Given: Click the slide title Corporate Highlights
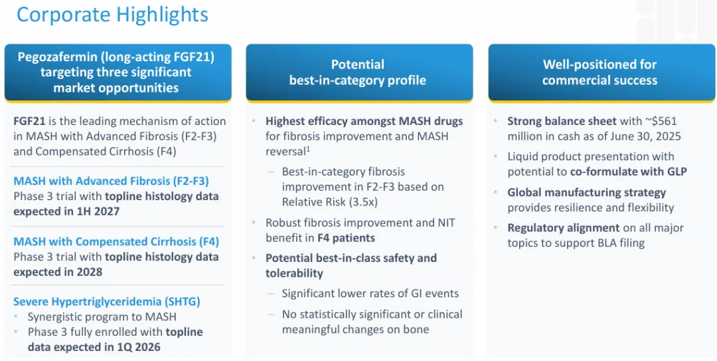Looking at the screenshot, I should coord(112,15).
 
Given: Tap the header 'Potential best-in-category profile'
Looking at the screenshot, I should coord(358,72).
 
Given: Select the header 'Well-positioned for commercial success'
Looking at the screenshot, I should coord(599,72).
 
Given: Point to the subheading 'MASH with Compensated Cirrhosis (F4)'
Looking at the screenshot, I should coord(116,241).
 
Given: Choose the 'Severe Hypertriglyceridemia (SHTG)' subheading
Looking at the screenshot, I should coord(107,301).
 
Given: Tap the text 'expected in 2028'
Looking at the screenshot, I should coord(58,272).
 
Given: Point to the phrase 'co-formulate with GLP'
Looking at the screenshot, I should coord(628,172).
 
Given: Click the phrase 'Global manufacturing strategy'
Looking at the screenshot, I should coord(586,192).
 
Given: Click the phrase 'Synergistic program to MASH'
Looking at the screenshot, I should coord(102,317).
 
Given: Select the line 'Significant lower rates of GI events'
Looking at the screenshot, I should coord(370,293).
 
